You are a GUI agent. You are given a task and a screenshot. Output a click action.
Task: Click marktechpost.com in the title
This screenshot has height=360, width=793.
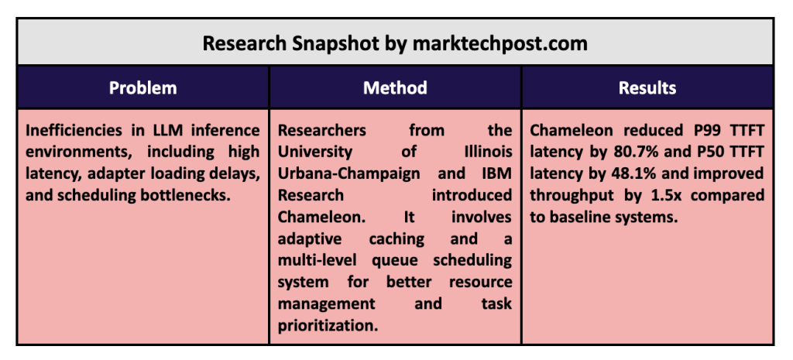click(499, 43)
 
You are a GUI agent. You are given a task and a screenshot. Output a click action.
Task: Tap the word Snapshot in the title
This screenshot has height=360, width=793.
click(336, 43)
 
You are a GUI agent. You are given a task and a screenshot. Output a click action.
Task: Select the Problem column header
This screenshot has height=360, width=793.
click(143, 88)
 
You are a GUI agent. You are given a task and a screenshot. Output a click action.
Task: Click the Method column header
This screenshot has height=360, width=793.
click(395, 88)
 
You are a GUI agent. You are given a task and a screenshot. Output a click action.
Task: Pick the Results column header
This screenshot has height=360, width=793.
click(647, 88)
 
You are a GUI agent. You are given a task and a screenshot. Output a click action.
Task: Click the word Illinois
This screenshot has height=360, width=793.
click(488, 152)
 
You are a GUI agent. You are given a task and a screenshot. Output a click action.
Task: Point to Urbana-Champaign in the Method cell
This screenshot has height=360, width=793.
click(349, 174)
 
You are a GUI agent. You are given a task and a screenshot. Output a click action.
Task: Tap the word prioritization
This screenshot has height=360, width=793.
click(328, 326)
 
